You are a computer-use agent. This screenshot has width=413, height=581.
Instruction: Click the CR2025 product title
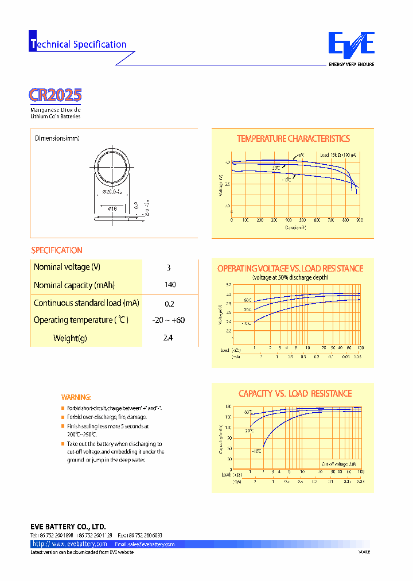point(55,95)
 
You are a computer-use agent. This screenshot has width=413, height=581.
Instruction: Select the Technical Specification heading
point(78,44)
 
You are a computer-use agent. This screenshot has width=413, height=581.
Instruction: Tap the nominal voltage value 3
point(169,268)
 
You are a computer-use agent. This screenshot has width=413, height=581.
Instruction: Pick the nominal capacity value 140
point(170,285)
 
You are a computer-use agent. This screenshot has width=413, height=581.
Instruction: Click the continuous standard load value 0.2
point(169,304)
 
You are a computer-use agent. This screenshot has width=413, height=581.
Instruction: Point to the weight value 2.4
point(168,338)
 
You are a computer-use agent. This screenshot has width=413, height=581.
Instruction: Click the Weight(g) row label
point(70,338)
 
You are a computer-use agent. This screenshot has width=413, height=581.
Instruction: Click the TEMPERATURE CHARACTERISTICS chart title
point(293,139)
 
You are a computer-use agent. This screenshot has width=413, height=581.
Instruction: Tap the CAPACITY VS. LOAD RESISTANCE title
point(295,394)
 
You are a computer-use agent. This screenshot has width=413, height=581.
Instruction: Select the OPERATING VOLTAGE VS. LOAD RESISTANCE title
point(290,269)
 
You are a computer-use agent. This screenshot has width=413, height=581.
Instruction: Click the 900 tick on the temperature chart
point(359,220)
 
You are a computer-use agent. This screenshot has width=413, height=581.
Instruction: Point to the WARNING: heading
point(76,397)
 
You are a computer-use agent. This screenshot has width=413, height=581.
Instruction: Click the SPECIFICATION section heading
point(57,250)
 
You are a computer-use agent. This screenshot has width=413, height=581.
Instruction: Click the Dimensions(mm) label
point(57,138)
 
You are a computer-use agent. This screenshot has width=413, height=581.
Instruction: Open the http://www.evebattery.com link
point(70,544)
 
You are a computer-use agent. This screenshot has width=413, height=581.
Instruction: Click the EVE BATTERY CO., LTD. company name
point(68,526)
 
